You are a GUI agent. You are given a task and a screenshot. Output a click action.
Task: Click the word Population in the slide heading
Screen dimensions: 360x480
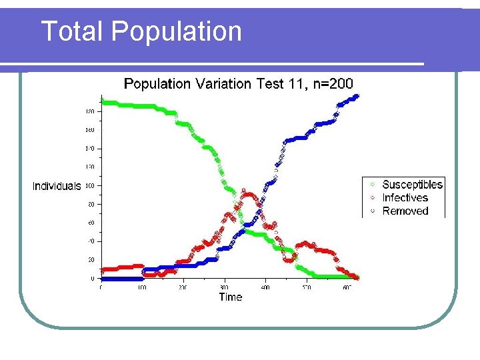click(177, 31)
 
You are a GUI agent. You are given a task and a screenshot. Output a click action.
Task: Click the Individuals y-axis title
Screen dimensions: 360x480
click(57, 186)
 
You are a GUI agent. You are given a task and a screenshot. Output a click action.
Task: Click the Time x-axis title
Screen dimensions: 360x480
click(230, 297)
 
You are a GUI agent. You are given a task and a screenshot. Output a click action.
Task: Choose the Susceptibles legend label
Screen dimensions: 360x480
click(412, 185)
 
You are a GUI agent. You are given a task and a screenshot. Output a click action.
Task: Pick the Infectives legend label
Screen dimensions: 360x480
click(405, 198)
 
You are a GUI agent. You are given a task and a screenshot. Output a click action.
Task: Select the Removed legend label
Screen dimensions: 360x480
click(405, 211)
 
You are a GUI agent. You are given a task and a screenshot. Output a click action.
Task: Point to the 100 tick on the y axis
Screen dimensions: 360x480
click(89, 185)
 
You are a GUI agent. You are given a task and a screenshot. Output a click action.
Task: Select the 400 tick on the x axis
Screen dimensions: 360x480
click(265, 288)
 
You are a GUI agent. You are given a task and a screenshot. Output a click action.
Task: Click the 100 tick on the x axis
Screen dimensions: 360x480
click(141, 288)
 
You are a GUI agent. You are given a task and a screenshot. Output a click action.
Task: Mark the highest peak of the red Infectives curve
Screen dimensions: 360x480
click(248, 194)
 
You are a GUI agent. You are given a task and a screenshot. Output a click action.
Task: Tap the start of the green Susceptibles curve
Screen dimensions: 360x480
click(102, 101)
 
